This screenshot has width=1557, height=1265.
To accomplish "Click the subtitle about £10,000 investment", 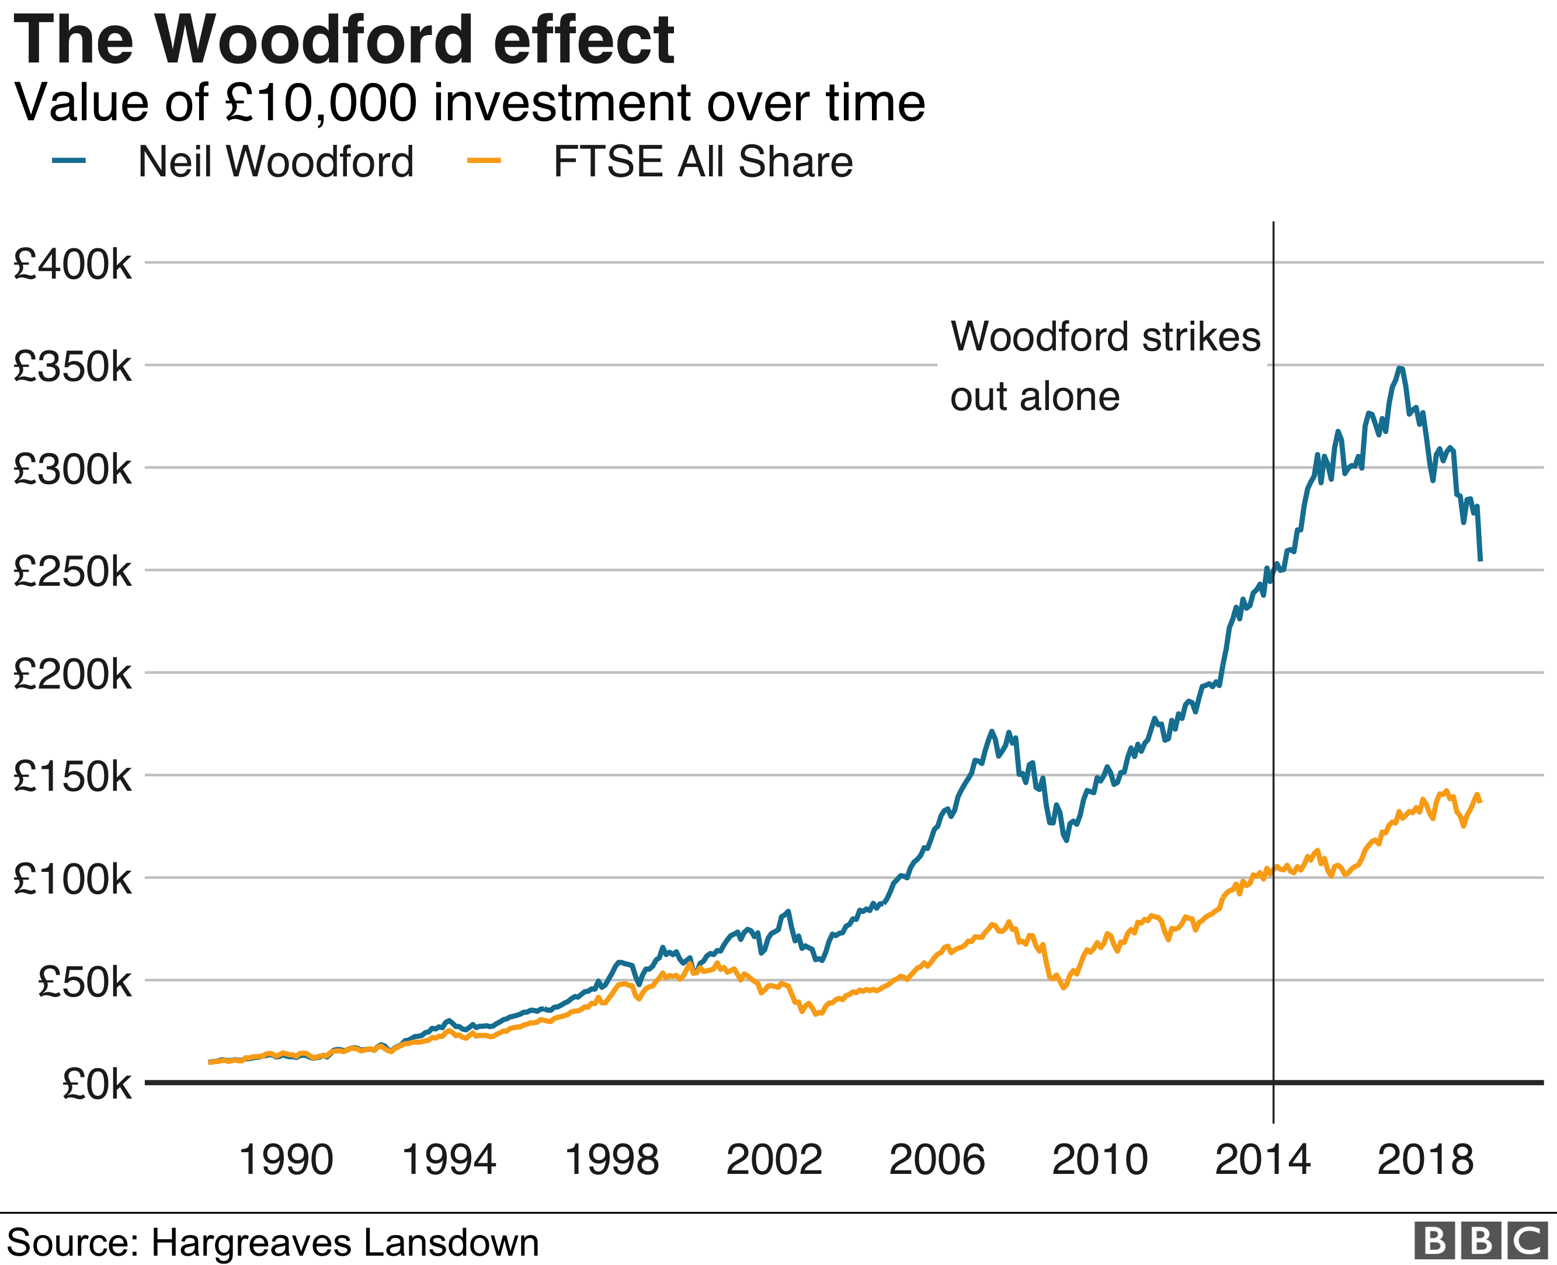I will coord(470,103).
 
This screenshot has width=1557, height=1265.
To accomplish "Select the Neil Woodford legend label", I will coord(276,162).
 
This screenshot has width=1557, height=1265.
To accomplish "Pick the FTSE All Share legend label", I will coord(703,162).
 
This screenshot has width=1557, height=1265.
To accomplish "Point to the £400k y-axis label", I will coord(72,264).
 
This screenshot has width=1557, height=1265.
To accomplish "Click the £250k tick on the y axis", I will coord(72,571).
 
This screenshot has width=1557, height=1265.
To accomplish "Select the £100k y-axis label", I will coord(72,880).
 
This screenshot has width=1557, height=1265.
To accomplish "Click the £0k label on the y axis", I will coord(96,1085).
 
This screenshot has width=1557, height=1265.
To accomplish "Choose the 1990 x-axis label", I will coord(286,1159).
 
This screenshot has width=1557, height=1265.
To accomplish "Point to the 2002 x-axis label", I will coord(774,1159).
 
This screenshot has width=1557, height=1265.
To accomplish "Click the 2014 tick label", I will coord(1262,1159).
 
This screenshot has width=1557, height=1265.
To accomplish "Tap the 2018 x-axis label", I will coord(1425,1159).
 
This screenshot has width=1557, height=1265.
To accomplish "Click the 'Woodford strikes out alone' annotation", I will coord(1104,367).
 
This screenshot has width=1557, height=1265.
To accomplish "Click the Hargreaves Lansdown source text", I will coord(273,1242).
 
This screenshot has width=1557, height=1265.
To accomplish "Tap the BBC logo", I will coord(1480,1241).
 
